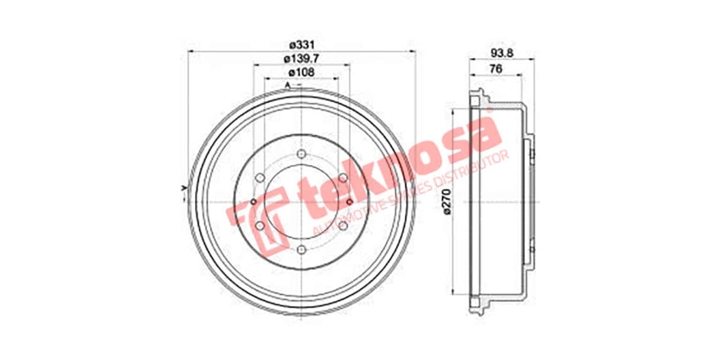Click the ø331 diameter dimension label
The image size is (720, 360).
point(302,45)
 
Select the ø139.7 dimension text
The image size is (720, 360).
point(301,58)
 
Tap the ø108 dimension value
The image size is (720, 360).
point(301,72)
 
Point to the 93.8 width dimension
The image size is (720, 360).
point(502,53)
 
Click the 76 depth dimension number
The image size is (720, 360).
point(496,69)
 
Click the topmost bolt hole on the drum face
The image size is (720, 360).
point(301,153)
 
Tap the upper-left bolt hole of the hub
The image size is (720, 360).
point(260,178)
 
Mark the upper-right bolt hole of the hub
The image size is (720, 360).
point(343,178)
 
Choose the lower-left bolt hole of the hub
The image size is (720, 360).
point(260,226)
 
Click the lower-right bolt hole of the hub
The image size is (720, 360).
point(343,226)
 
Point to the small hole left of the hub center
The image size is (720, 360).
point(253,201)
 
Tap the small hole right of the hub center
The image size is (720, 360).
point(349,202)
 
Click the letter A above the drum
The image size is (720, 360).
point(287,86)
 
